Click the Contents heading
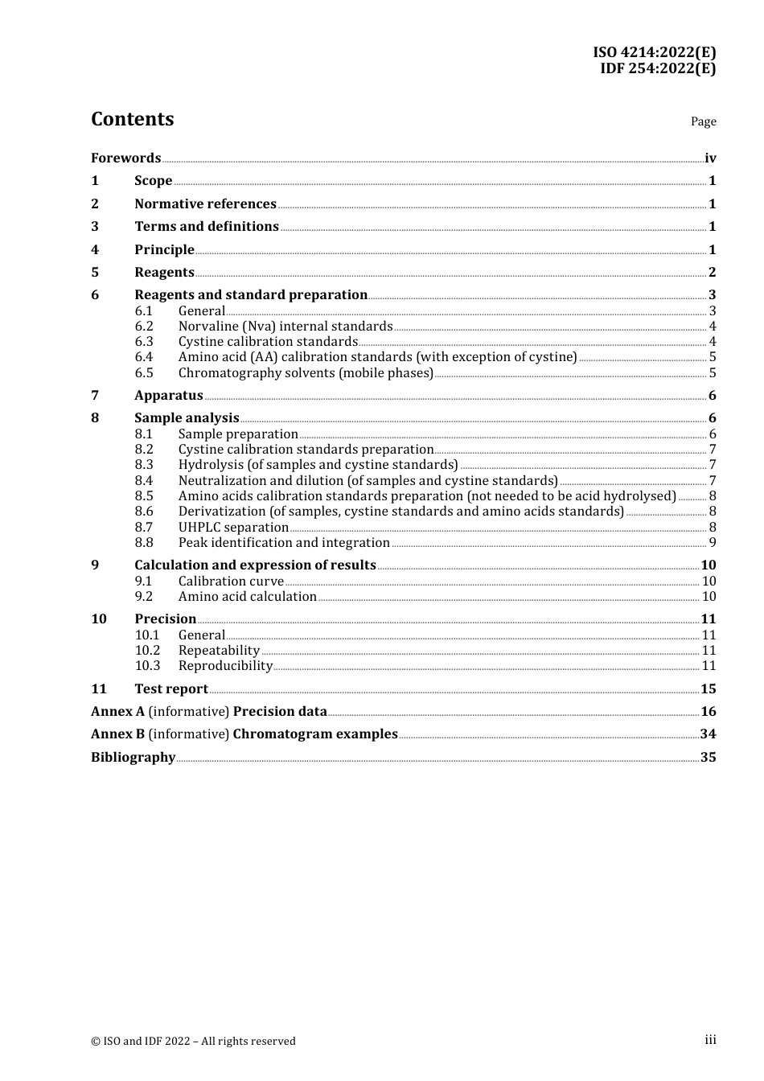click(x=132, y=119)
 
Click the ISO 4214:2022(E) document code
click(x=654, y=52)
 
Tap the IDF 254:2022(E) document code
click(x=657, y=68)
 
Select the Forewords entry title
click(x=125, y=158)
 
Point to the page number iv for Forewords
click(x=710, y=158)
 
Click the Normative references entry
click(x=205, y=204)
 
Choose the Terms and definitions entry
click(x=206, y=227)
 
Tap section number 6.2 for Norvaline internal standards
click(x=144, y=327)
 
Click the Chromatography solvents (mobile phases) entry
click(x=306, y=373)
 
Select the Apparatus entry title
click(x=168, y=396)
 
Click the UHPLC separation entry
click(x=233, y=528)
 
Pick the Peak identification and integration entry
click(x=284, y=543)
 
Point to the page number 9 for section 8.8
click(x=713, y=543)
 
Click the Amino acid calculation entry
click(x=247, y=597)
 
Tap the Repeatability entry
click(x=219, y=651)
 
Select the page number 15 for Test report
click(x=708, y=689)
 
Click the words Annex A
click(x=117, y=712)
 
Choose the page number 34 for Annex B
click(x=708, y=734)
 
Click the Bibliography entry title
click(x=133, y=758)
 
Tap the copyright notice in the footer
click(x=193, y=1042)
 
